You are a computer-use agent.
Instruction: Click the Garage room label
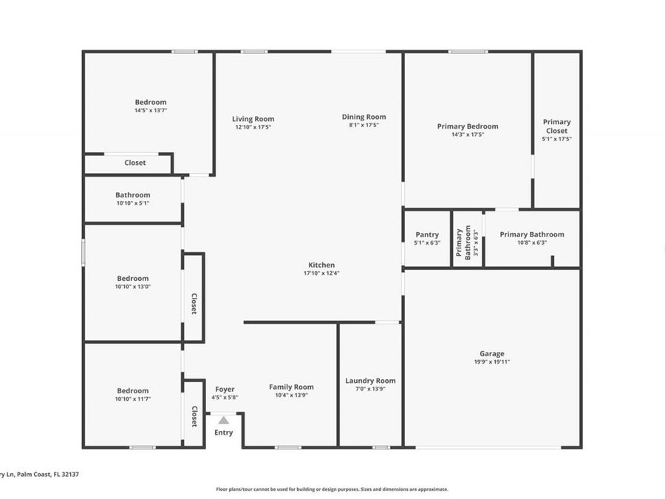pos(491,353)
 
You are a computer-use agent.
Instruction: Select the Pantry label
pos(427,234)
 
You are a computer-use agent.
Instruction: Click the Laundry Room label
pos(370,381)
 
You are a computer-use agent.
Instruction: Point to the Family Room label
pos(291,387)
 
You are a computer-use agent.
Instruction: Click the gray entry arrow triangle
pos(223,420)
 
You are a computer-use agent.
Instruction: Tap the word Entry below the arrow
pos(223,432)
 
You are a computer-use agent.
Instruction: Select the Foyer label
pos(225,389)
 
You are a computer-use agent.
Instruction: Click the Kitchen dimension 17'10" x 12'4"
pos(321,274)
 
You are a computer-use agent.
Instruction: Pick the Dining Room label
pos(364,117)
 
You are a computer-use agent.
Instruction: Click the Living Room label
pos(253,119)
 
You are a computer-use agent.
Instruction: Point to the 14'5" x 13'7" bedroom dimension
pos(151,111)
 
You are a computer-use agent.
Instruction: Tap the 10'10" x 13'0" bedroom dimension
pos(132,287)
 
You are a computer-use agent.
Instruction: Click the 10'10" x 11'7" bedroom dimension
pos(132,399)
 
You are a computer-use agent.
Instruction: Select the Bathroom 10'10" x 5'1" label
pos(132,195)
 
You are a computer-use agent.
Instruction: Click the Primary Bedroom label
pos(468,126)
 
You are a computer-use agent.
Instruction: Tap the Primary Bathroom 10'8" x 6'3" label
pos(531,234)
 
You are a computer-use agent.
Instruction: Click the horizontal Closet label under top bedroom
pos(135,163)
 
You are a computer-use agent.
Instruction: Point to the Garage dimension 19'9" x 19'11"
pos(491,362)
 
